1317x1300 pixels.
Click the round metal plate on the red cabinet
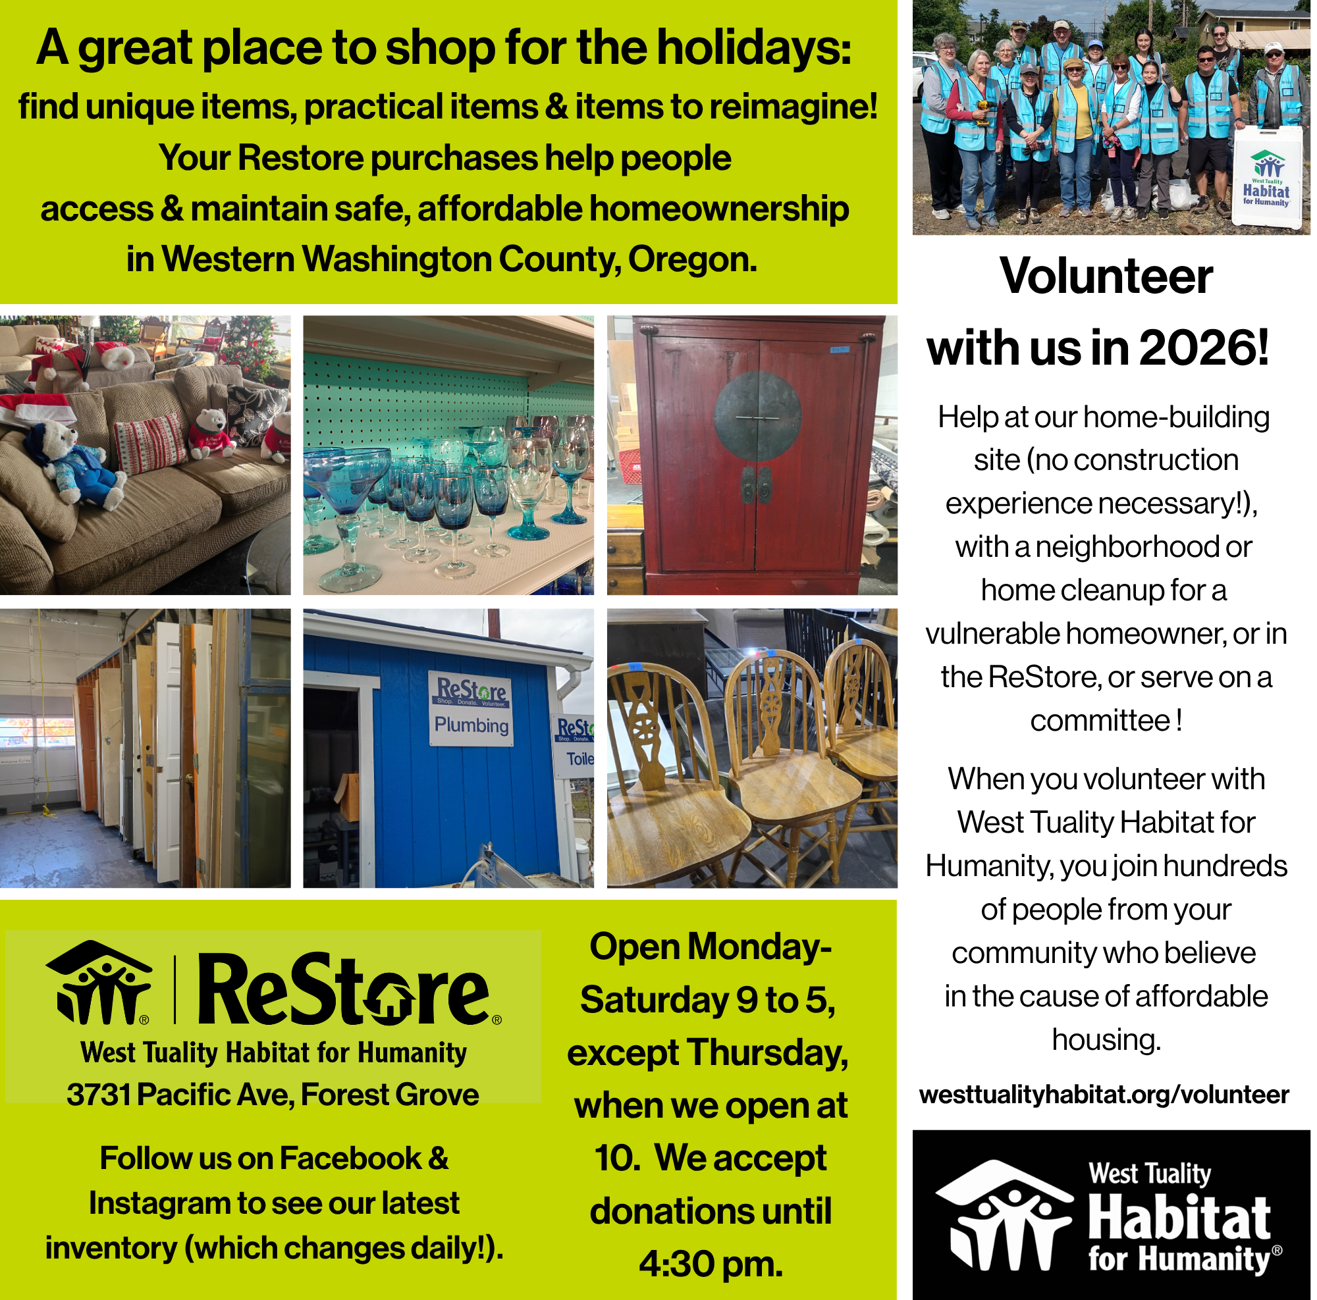757,416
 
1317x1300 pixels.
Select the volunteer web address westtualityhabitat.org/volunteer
1104,1095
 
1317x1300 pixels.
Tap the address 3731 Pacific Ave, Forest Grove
273,1095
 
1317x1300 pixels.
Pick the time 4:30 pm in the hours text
711,1264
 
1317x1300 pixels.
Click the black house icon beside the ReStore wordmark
99,983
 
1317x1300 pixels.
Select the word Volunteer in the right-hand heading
1106,276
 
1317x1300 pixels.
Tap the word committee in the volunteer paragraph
1100,721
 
